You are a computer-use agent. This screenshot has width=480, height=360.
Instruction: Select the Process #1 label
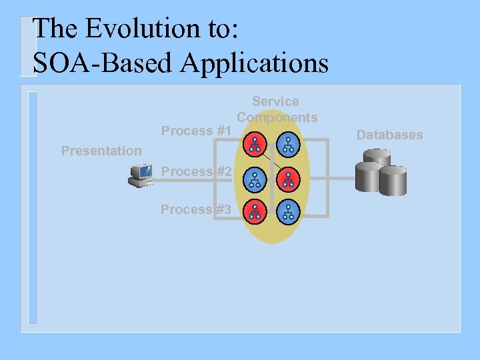196,131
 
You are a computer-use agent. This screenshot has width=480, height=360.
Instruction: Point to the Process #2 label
196,171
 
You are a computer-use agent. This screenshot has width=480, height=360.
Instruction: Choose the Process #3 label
196,209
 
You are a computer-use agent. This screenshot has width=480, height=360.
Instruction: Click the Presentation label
101,151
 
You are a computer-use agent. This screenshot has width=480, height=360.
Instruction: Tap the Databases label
389,135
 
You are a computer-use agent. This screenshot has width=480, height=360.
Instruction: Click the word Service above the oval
275,101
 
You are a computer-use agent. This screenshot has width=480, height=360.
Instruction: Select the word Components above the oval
277,117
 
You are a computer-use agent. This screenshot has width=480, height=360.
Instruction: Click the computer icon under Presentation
142,175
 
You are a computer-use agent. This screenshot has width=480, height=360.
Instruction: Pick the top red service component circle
255,143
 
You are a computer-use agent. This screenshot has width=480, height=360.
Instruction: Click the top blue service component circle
288,143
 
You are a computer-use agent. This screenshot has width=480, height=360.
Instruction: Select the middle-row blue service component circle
255,178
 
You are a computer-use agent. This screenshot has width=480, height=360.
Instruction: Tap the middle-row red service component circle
288,178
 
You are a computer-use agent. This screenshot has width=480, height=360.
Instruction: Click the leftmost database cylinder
367,177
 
